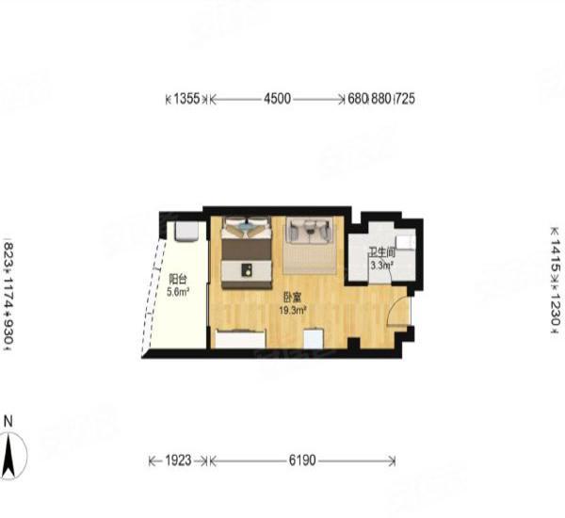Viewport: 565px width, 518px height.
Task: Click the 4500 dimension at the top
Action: [x=277, y=98]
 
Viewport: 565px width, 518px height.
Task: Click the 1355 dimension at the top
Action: [x=187, y=98]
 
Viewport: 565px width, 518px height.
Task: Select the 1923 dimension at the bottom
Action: [x=178, y=461]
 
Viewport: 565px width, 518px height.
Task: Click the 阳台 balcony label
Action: [x=176, y=280]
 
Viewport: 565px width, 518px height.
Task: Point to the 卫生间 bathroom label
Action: [x=380, y=252]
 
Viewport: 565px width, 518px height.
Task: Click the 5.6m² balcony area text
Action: [x=178, y=292]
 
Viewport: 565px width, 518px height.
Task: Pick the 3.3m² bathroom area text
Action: [x=380, y=266]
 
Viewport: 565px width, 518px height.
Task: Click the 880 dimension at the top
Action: [x=381, y=98]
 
